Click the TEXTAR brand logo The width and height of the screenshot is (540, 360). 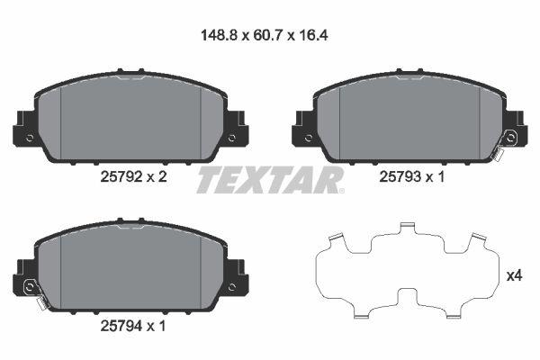coord(269,180)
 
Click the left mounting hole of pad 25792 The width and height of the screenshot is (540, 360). coord(31,138)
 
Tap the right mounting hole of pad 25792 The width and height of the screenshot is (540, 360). coord(231,138)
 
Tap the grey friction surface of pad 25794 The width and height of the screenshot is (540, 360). coord(131,267)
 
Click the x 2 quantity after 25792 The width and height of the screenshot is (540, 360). coord(157,178)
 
